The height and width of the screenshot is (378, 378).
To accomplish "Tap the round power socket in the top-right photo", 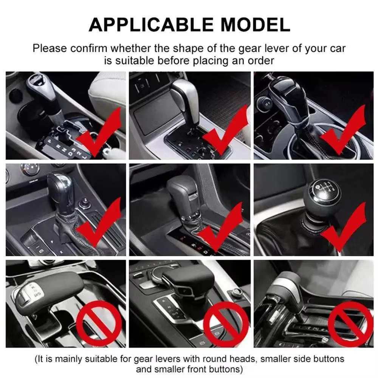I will (x=265, y=102).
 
